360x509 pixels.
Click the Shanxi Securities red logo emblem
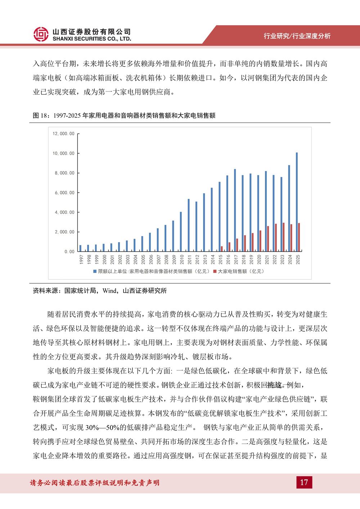tap(41, 34)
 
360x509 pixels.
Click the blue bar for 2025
tap(297, 202)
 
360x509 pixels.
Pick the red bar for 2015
tap(222, 249)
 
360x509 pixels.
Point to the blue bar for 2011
tap(188, 225)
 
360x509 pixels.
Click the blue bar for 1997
tap(80, 248)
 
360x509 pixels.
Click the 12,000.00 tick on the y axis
tap(63, 134)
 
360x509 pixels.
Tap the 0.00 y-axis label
tap(69, 252)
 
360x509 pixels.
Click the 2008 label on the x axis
tap(166, 260)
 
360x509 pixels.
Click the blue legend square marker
tap(95, 271)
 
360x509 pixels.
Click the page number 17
tap(304, 482)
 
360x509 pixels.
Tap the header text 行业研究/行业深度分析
tap(297, 36)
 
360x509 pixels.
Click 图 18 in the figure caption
tap(41, 116)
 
